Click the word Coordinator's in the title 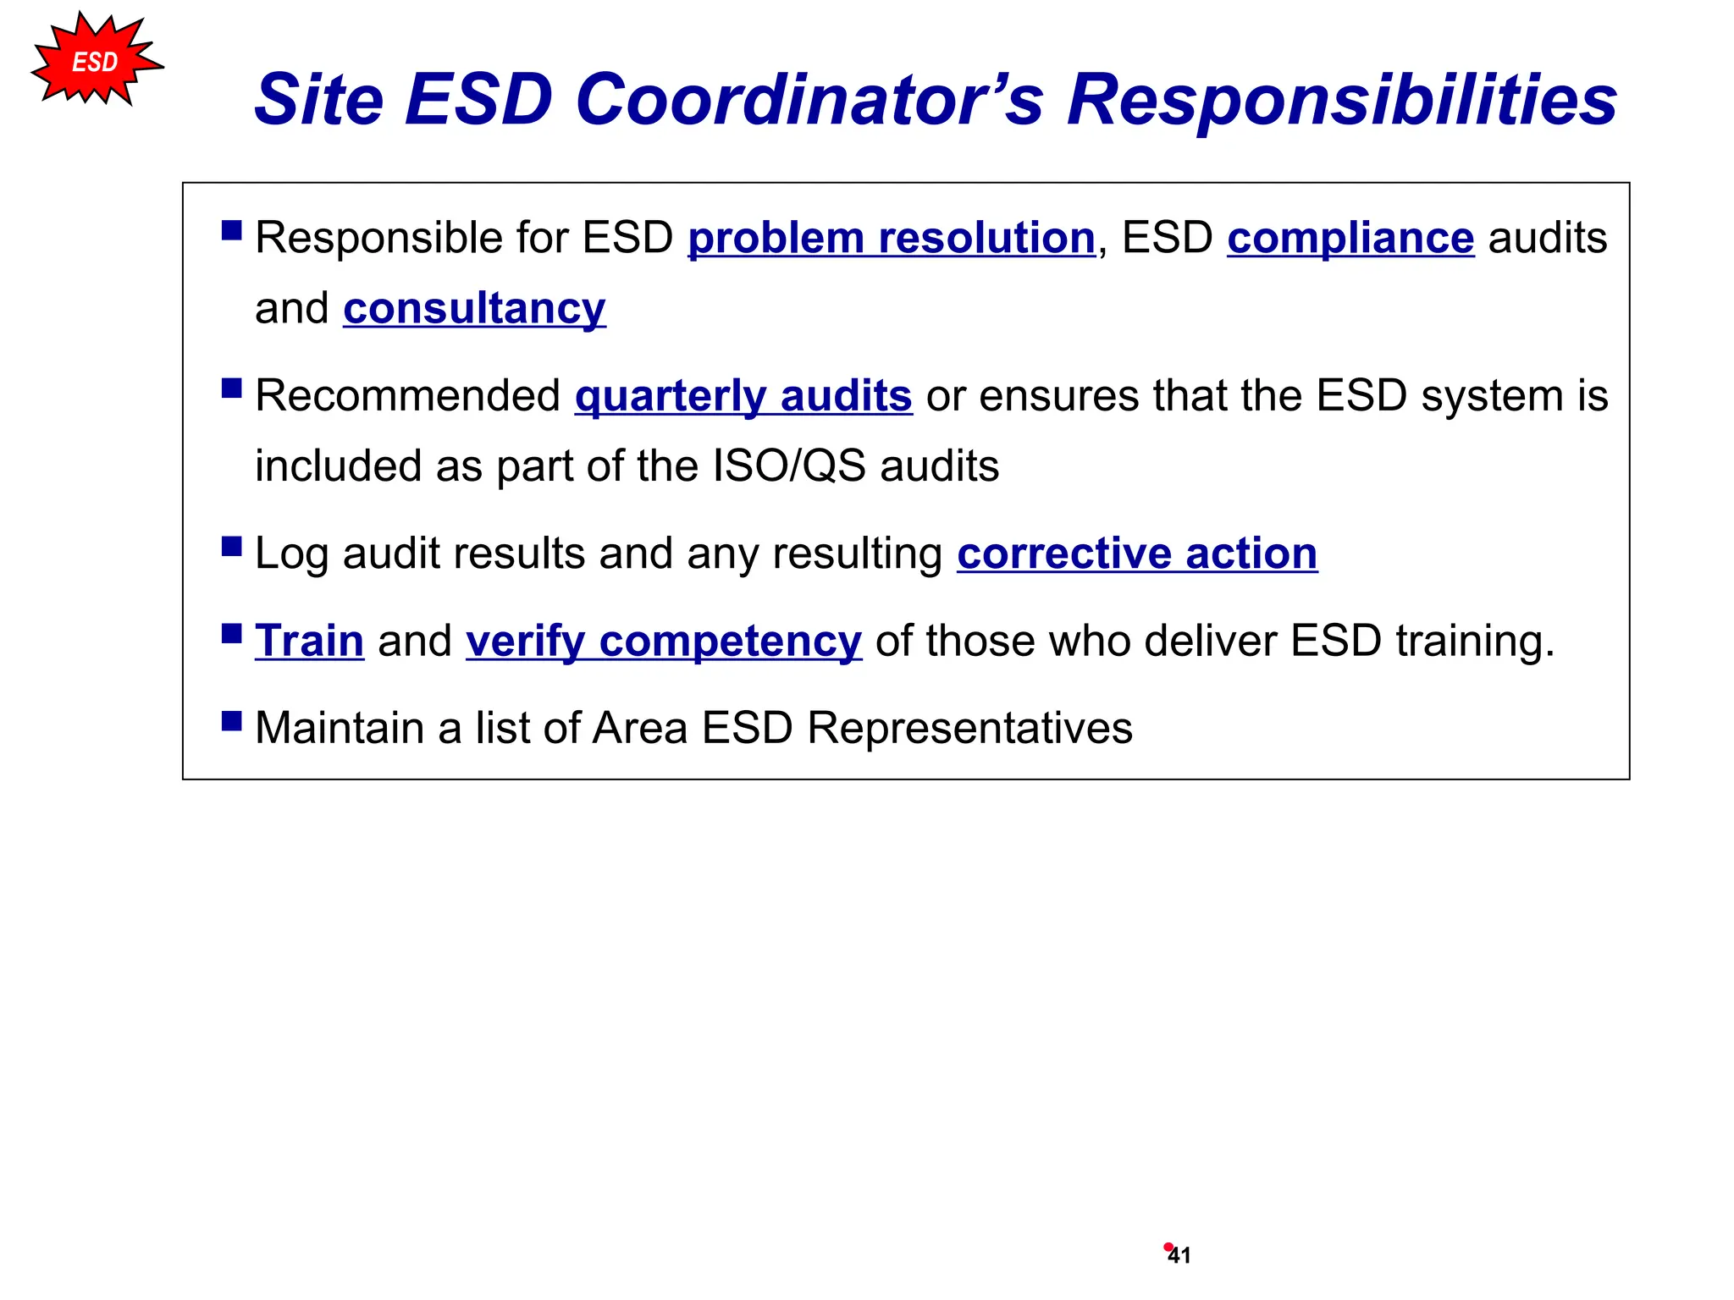(809, 100)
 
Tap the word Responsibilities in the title (1342, 100)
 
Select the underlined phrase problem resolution (892, 238)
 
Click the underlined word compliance (1350, 238)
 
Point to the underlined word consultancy (474, 308)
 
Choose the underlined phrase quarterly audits (743, 396)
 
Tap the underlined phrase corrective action (1137, 554)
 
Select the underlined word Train (309, 641)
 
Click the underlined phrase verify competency (664, 642)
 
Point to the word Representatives (969, 728)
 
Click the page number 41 (1180, 1256)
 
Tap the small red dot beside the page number (1168, 1247)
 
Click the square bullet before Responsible (231, 230)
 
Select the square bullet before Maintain (231, 720)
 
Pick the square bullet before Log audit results (231, 546)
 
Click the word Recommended (407, 396)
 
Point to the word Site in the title (318, 100)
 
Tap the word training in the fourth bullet (1474, 641)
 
